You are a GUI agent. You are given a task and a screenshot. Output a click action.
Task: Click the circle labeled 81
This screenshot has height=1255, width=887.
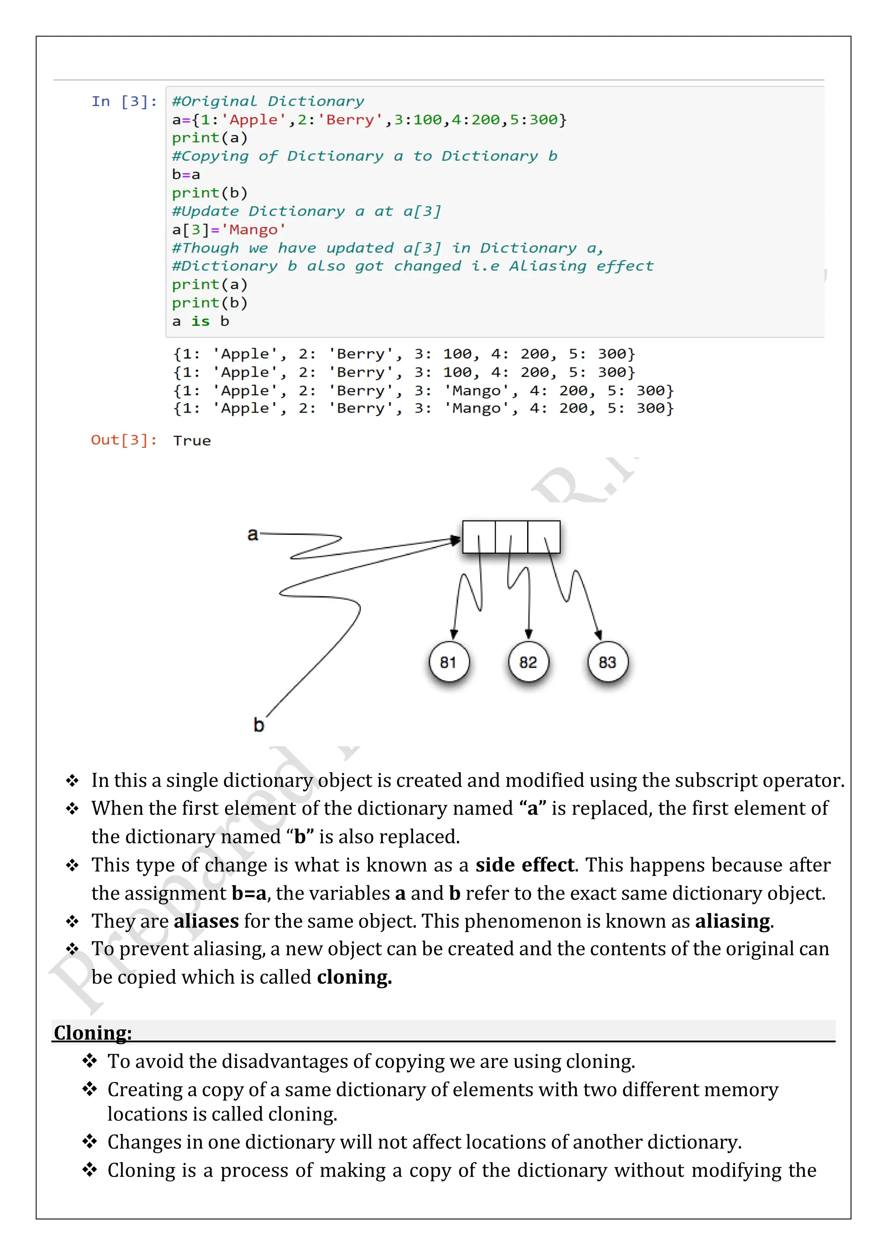[x=448, y=663]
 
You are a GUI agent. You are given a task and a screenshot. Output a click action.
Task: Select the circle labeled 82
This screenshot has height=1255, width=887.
[x=528, y=663]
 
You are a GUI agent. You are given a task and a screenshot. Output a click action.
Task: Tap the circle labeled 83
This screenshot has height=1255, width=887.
[x=607, y=663]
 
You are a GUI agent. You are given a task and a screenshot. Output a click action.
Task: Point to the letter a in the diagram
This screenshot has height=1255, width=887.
[x=253, y=534]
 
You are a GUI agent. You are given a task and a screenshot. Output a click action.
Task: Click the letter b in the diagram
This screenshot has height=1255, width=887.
[x=259, y=725]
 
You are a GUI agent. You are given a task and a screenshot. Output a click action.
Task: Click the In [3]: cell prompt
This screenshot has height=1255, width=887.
[x=124, y=102]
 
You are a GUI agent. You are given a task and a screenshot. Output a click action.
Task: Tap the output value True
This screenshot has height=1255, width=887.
[x=192, y=441]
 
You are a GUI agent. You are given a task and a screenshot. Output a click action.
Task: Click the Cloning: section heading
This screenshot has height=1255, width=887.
[x=93, y=1033]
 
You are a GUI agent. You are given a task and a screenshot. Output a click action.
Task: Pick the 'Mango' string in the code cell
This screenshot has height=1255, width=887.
[x=253, y=230]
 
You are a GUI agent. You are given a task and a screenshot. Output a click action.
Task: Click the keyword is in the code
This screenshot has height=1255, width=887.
[x=201, y=322]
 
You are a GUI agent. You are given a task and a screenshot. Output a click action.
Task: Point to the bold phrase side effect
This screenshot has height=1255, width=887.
[x=524, y=865]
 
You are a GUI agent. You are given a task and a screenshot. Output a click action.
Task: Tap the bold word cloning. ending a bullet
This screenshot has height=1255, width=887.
[x=354, y=977]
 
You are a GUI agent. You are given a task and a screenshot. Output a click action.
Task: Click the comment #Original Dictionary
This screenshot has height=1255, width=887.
[x=268, y=102]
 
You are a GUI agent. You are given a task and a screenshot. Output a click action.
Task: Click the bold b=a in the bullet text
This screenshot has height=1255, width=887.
[x=249, y=893]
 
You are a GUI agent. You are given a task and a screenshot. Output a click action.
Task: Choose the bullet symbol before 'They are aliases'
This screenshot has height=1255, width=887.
[x=72, y=922]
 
